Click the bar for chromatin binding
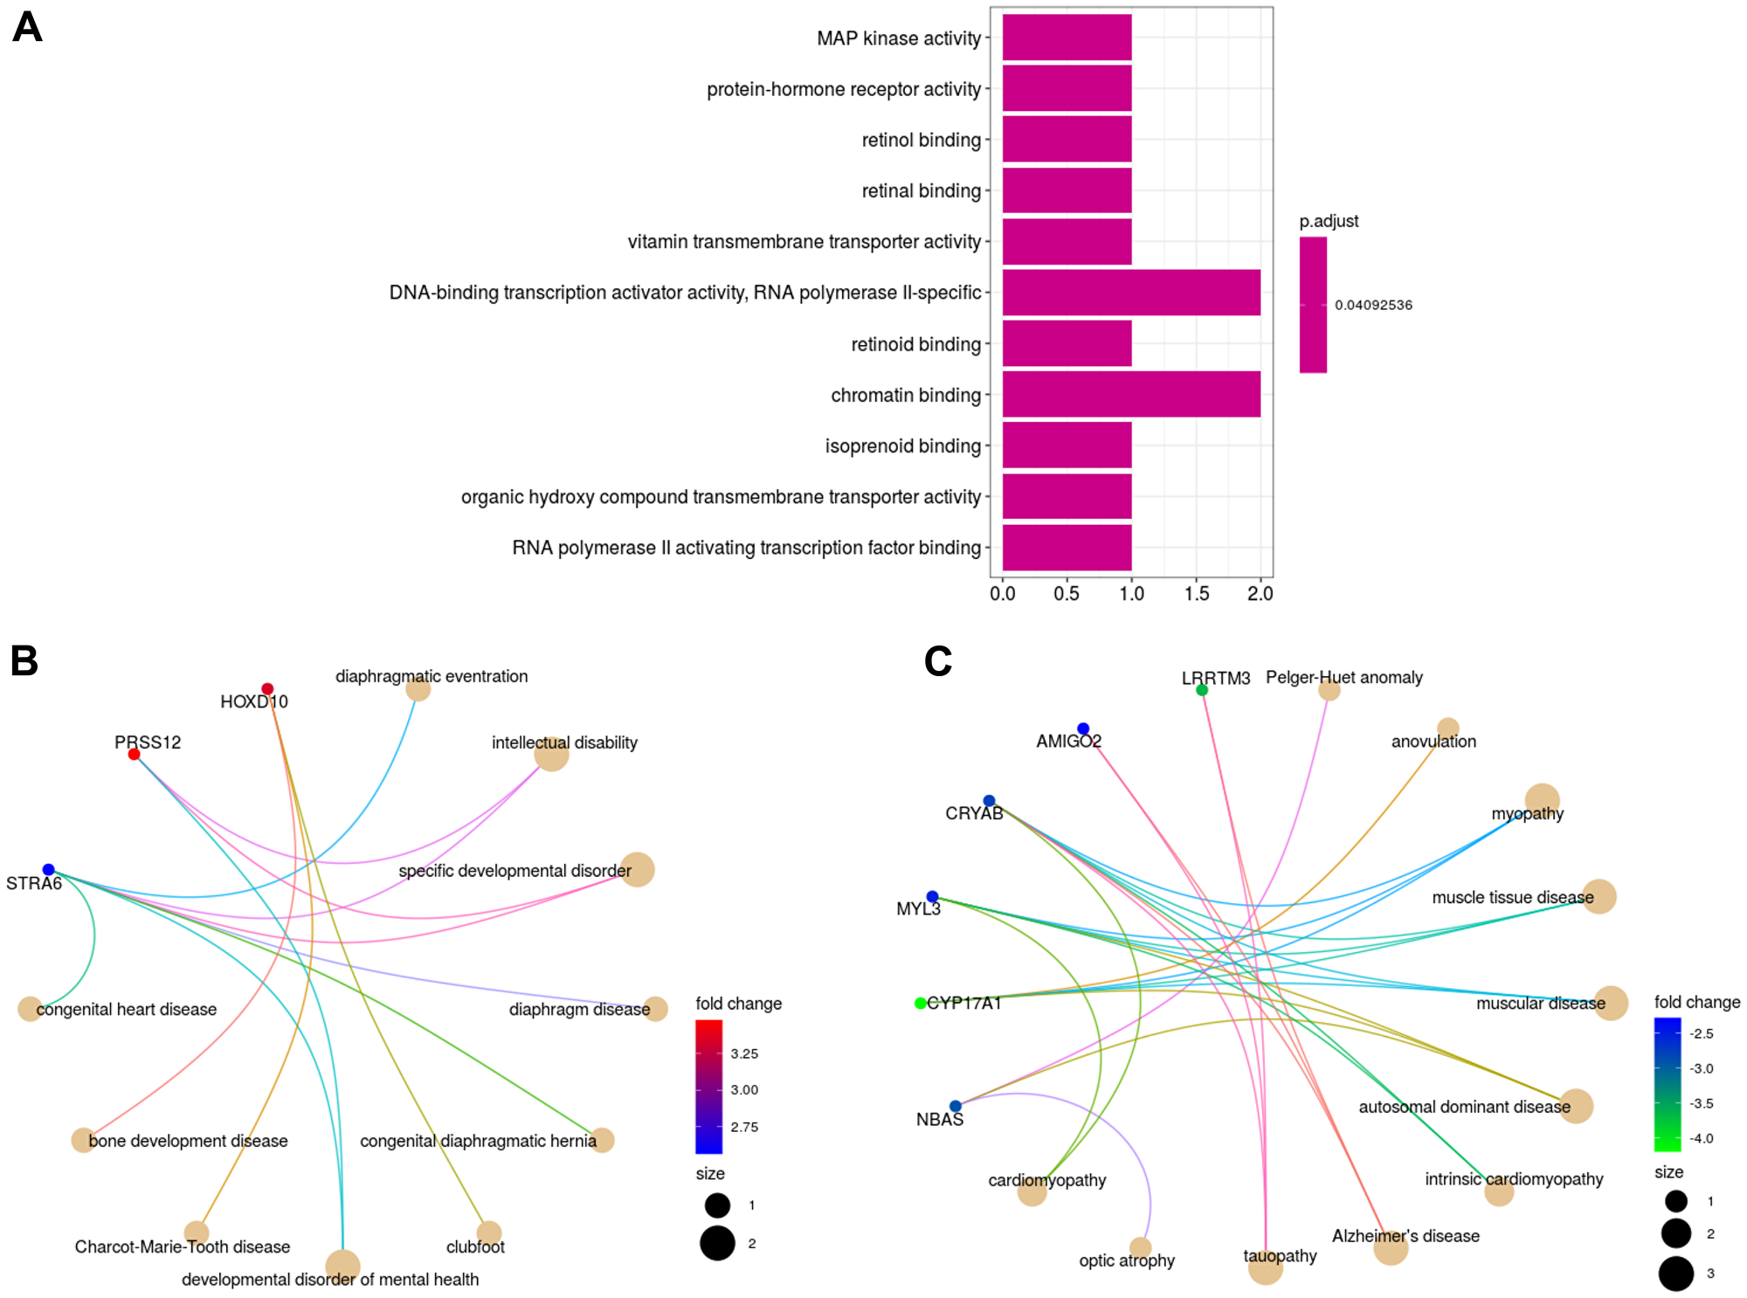[x=1130, y=394]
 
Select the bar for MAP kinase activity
[x=1067, y=38]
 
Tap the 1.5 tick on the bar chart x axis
[x=1196, y=594]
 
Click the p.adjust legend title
[x=1329, y=221]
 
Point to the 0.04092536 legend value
[x=1373, y=305]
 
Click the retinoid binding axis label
[x=915, y=344]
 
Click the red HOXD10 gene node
[x=267, y=689]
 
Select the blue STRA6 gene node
[x=49, y=869]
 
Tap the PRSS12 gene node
[x=134, y=754]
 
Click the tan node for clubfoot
[x=489, y=1232]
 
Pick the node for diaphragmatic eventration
[x=418, y=689]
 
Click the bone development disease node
[x=83, y=1140]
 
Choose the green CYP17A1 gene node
[x=920, y=1003]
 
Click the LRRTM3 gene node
[x=1202, y=690]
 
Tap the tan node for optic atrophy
[x=1140, y=1247]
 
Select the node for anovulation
[x=1447, y=728]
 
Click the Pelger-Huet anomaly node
[x=1329, y=690]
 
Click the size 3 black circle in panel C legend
[x=1675, y=1274]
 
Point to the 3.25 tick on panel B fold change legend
[x=744, y=1053]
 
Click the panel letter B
[x=24, y=661]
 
